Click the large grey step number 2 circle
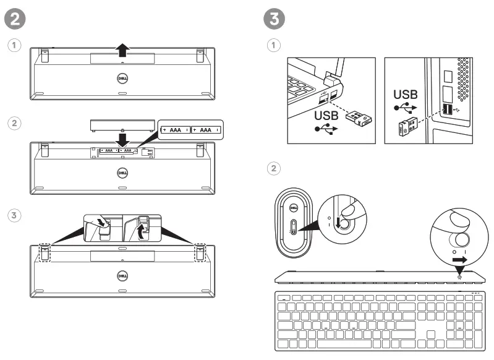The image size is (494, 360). pos(16,18)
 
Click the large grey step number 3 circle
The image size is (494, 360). pos(275,18)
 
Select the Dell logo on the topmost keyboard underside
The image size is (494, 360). pos(122,79)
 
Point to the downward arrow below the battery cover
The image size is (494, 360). pos(122,137)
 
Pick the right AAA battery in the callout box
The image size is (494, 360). pos(206,130)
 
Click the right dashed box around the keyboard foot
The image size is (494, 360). pos(200,252)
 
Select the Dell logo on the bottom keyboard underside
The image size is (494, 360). pos(122,276)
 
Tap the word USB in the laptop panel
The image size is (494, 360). pos(326,116)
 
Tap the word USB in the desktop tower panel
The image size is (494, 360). pos(406,95)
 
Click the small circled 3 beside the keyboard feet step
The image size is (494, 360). pos(14,215)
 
